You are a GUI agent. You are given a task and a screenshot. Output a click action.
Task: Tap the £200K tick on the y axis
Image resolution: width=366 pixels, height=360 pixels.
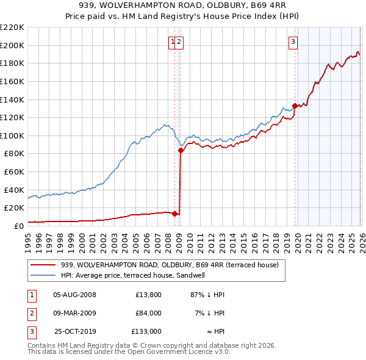pyautogui.click(x=12, y=45)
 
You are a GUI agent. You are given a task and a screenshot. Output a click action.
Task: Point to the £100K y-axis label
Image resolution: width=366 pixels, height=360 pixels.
pyautogui.click(x=12, y=135)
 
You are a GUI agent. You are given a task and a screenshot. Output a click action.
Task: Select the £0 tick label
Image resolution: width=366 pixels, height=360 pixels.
pyautogui.click(x=18, y=226)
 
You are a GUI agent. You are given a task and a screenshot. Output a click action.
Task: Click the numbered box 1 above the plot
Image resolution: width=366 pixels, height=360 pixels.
pyautogui.click(x=174, y=41)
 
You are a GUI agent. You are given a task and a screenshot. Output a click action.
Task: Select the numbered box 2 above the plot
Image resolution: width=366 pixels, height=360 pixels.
pyautogui.click(x=181, y=41)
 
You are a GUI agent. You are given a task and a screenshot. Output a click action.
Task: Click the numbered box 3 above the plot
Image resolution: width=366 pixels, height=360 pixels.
pyautogui.click(x=293, y=41)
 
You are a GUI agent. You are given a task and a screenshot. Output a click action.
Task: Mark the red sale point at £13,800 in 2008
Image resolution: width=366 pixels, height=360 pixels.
pyautogui.click(x=174, y=214)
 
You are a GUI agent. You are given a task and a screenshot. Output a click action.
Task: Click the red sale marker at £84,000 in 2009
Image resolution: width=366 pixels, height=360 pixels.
pyautogui.click(x=181, y=150)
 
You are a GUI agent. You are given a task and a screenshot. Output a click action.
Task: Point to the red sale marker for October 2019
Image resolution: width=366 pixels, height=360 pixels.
pyautogui.click(x=295, y=106)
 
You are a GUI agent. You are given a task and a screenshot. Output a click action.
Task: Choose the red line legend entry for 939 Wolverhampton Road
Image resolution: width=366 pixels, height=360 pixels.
pyautogui.click(x=170, y=265)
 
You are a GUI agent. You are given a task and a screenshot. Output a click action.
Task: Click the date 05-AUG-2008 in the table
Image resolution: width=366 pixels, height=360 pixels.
pyautogui.click(x=74, y=295)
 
